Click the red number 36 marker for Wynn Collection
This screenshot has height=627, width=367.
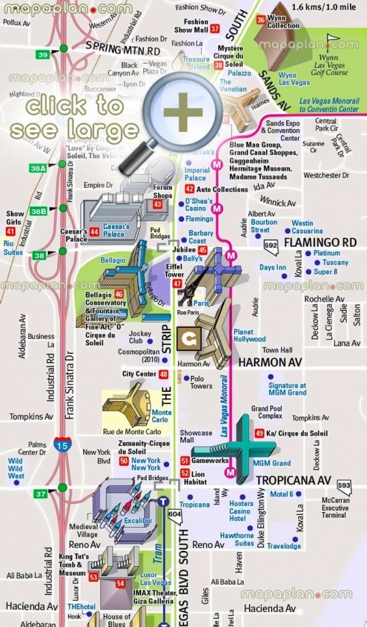[x=261, y=20]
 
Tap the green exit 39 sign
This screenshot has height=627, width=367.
[x=43, y=55]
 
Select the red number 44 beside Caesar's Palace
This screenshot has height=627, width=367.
[x=94, y=232]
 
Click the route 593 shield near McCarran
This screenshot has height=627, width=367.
[x=344, y=487]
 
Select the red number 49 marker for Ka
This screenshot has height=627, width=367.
[x=259, y=434]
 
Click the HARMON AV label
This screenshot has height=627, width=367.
[x=261, y=362]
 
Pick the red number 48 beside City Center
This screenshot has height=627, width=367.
[x=163, y=374]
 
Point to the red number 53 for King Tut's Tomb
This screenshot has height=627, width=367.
[x=94, y=577]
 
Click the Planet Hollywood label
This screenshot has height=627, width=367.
[x=250, y=335]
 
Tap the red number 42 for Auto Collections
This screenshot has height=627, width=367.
[x=190, y=189]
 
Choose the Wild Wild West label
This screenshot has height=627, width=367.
[x=16, y=468]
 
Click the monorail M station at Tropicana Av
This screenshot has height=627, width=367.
[x=231, y=472]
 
